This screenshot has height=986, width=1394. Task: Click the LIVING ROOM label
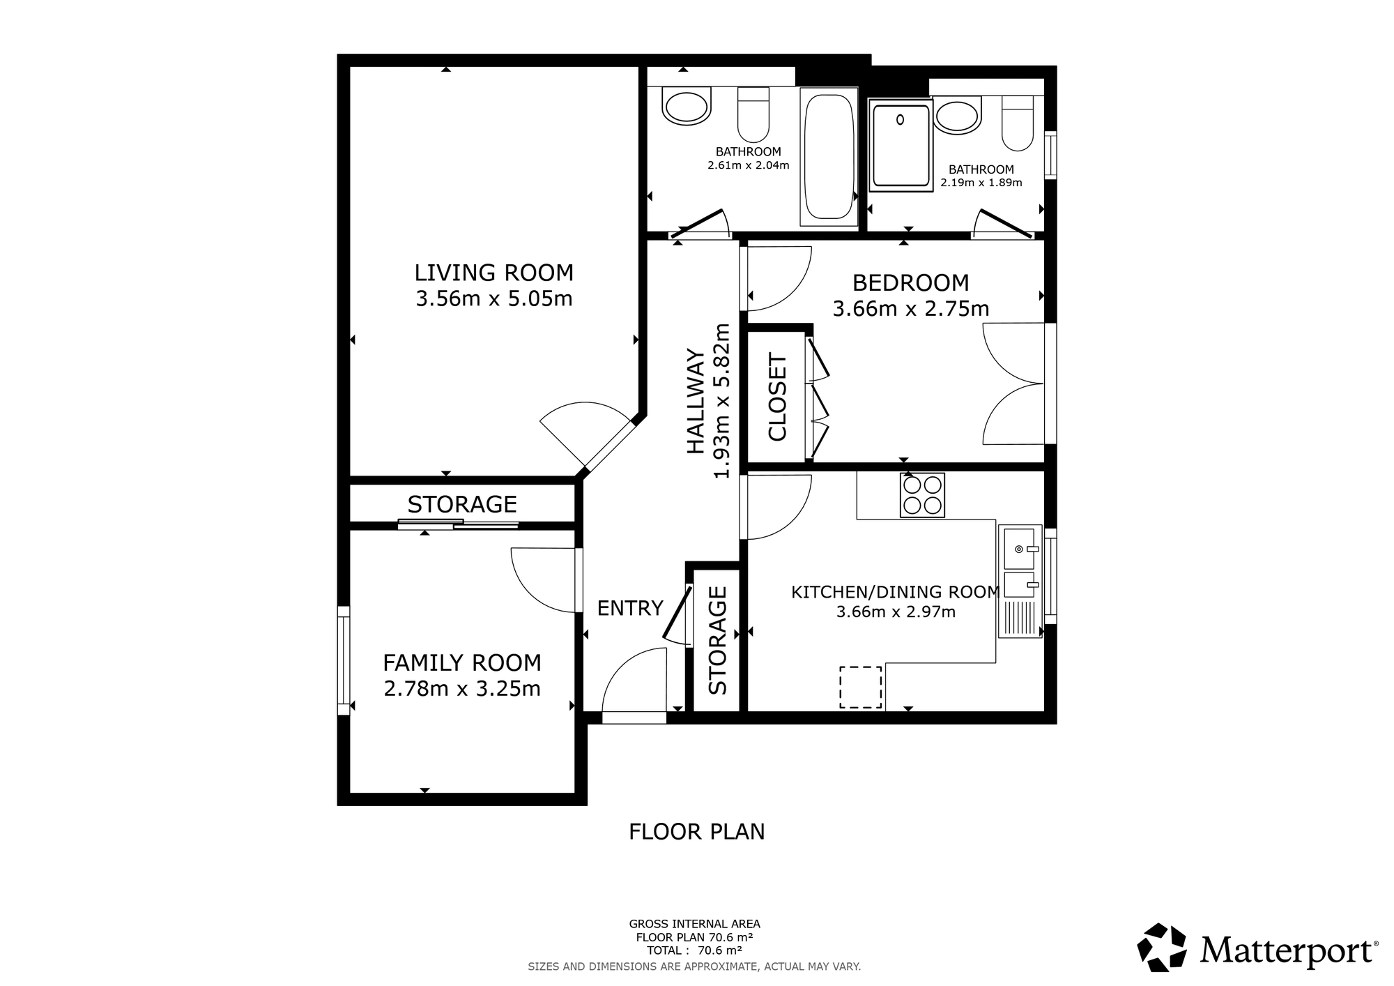(x=494, y=272)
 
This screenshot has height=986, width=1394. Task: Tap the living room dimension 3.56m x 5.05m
(x=494, y=299)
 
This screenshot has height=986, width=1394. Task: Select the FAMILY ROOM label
(x=462, y=662)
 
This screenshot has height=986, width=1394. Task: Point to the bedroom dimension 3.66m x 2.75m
(x=911, y=308)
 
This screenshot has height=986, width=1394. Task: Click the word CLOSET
(x=777, y=397)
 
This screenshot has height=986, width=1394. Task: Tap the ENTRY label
(x=630, y=608)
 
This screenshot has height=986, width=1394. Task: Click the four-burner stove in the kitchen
(x=922, y=495)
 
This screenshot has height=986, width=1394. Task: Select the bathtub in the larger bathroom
(x=829, y=157)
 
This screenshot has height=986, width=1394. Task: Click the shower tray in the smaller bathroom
(x=901, y=145)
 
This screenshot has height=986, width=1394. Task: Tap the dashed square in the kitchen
(x=861, y=688)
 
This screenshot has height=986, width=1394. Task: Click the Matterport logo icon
(x=1162, y=947)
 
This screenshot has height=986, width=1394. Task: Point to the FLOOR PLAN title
(x=697, y=832)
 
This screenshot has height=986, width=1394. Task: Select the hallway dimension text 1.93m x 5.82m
(x=721, y=401)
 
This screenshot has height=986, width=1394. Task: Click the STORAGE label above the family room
(x=462, y=504)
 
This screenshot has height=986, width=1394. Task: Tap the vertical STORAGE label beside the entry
(x=717, y=640)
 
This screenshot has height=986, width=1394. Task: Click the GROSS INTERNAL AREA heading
(x=695, y=925)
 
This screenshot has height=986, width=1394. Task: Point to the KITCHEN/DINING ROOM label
(x=896, y=592)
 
